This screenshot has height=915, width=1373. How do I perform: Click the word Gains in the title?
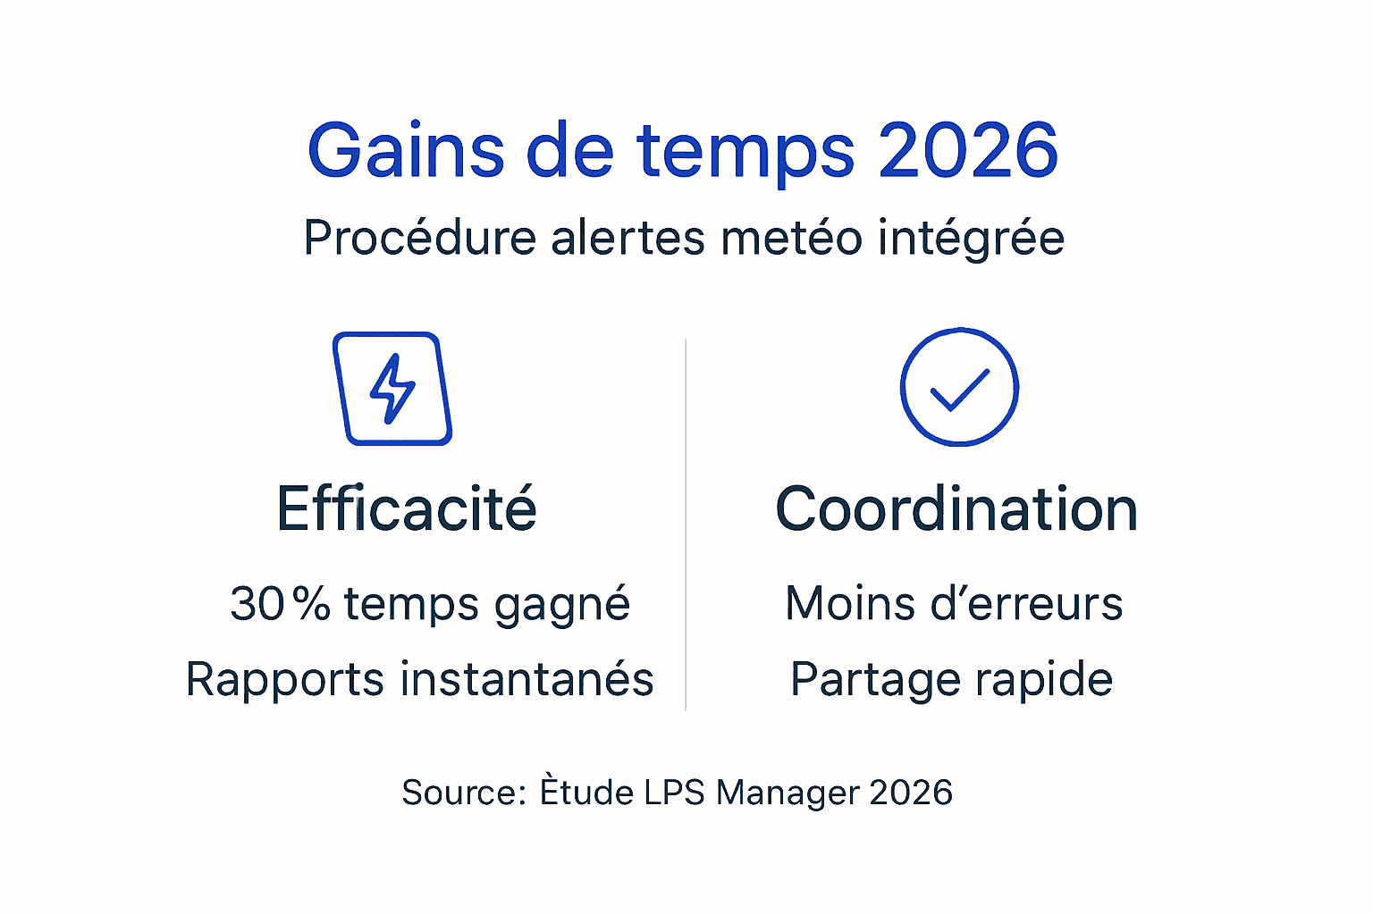coord(406,150)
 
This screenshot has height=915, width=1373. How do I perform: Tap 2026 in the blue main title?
coord(968,150)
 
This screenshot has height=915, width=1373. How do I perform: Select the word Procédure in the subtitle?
coord(419,239)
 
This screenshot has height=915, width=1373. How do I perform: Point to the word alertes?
coord(628,239)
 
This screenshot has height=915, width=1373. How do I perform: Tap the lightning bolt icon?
coord(392,389)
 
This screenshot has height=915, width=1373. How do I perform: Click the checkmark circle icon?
coord(959,387)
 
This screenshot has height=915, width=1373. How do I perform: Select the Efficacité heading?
coord(407,509)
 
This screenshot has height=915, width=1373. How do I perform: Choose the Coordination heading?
coord(956,509)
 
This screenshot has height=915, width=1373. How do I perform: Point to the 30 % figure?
coord(280,604)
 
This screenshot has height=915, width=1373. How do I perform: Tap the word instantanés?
coord(527,679)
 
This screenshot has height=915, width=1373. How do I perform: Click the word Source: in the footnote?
coord(464,793)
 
